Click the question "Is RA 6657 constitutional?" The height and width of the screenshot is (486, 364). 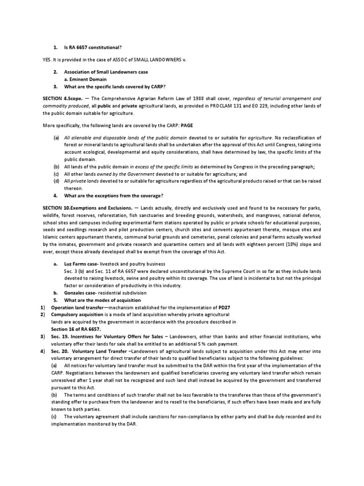pyautogui.click(x=94, y=47)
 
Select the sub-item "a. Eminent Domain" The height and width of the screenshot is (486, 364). pyautogui.click(x=86, y=79)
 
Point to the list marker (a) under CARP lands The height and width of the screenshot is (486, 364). pyautogui.click(x=56, y=137)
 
